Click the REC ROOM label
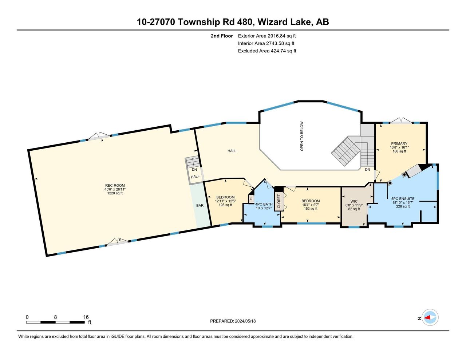(115, 186)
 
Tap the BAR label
(200, 205)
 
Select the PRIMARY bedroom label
(399, 143)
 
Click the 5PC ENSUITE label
(403, 198)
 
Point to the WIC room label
(354, 201)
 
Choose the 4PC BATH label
(264, 204)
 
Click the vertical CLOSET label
(279, 201)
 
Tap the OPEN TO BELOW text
(302, 136)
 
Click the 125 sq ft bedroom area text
(225, 205)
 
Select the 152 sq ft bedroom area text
(311, 209)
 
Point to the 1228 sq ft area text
(115, 193)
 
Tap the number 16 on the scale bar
(86, 317)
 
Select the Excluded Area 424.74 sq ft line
(267, 51)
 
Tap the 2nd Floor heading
(222, 36)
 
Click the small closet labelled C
(251, 199)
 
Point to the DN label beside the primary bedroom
(367, 169)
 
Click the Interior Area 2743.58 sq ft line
(266, 43)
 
